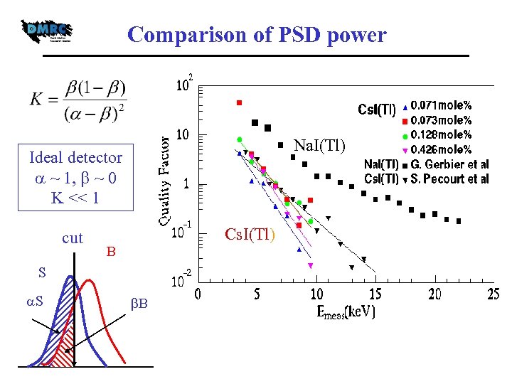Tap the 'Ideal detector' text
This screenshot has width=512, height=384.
[x=75, y=157]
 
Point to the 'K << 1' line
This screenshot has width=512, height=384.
[x=75, y=196]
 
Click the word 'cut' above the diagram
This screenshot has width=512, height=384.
[x=73, y=238]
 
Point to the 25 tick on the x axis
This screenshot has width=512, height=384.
[x=493, y=294]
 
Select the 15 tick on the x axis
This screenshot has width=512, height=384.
[x=375, y=294]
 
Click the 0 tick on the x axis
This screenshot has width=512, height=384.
[x=198, y=294]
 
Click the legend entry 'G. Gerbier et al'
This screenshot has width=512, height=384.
[x=450, y=164]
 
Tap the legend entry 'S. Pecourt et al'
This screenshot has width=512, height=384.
[x=450, y=179]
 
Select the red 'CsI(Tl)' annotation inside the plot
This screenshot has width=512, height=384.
[x=250, y=234]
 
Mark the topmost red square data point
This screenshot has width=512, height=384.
[x=240, y=103]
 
